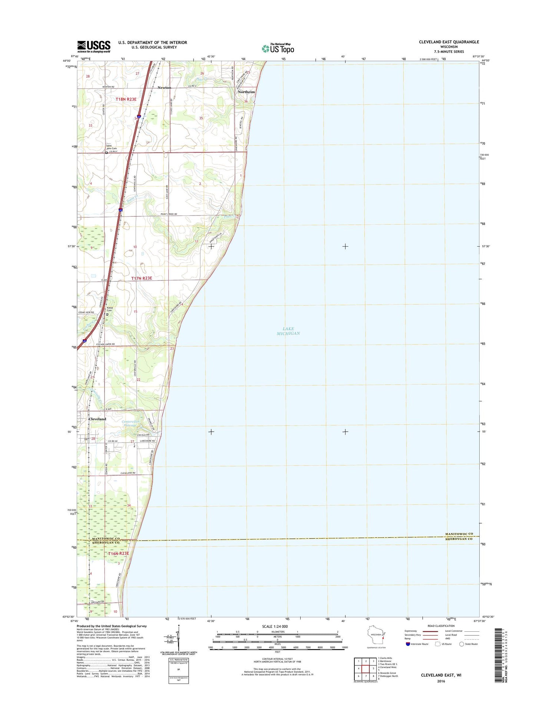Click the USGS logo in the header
94,46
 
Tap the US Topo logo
278,48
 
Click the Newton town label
164,88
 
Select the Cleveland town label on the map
97,419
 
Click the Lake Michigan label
288,331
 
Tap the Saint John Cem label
112,147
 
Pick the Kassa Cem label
109,309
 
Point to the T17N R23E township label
142,278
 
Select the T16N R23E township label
119,554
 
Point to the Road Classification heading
440,626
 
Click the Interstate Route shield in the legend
408,644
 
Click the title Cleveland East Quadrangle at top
449,42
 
